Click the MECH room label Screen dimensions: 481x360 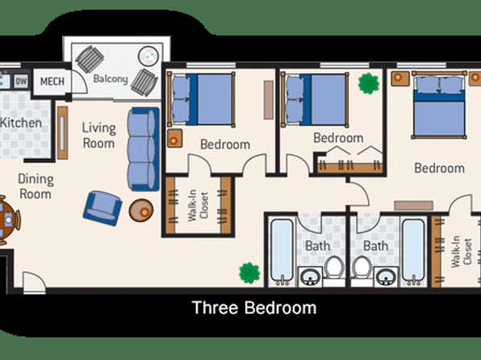coord(52,82)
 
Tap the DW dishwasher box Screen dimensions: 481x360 coord(21,82)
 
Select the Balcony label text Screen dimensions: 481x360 coord(111,79)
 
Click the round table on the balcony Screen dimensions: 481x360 coord(148,56)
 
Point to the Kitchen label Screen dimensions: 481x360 coord(21,123)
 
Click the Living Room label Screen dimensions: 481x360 coord(98,136)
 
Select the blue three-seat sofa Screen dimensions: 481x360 coord(144,149)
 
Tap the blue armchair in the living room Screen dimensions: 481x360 coord(102,208)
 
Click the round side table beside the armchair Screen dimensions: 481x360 coord(141,211)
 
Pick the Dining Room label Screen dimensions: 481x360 coord(36,186)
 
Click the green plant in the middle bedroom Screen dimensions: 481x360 coord(369,83)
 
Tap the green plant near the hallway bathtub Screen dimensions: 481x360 coord(249,273)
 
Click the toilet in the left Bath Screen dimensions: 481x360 coord(334,268)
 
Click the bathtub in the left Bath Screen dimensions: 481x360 coord(282,252)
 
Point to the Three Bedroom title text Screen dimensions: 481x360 coord(254,308)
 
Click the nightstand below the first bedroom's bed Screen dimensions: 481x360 coord(175,138)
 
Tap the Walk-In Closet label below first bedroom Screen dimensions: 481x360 coord(198,206)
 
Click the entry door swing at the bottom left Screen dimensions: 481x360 coord(34,283)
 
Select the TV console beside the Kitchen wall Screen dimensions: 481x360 coord(63,132)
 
